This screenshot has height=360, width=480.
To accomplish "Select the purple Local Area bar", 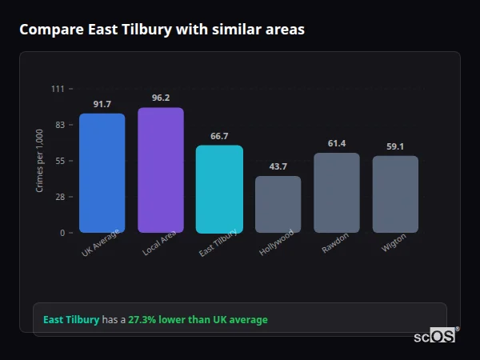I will coord(161,170).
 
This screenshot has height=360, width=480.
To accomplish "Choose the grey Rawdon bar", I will coord(337,193).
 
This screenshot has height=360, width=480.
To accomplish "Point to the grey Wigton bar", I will coord(395,194).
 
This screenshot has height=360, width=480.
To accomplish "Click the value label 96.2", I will coord(161,98).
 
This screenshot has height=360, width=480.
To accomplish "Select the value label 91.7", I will coord(102,105).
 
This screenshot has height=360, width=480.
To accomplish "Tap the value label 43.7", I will coord(278,166).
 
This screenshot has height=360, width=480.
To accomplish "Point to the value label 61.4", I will coord(337,144).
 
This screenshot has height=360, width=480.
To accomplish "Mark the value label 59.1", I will coord(395,146).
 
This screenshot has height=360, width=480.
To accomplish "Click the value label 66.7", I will coord(219,137).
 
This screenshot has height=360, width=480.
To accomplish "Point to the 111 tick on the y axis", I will coord(58,89).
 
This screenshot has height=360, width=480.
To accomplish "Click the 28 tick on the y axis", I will coord(59,197).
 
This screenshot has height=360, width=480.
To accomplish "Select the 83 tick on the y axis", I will coord(59,125).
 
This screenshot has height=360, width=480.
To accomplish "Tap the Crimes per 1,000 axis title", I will coord(40,160).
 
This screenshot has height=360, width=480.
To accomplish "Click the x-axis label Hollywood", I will coord(277,242).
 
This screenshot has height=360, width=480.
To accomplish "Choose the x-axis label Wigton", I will coord(394,243).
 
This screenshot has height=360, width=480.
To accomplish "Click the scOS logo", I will coord(435,336).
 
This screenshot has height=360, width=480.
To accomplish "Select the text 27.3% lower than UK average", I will coord(198,320).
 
